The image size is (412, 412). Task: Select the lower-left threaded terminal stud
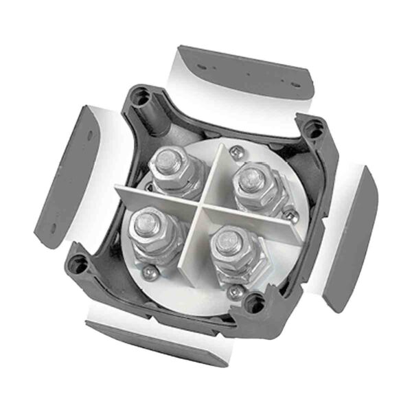147,219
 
